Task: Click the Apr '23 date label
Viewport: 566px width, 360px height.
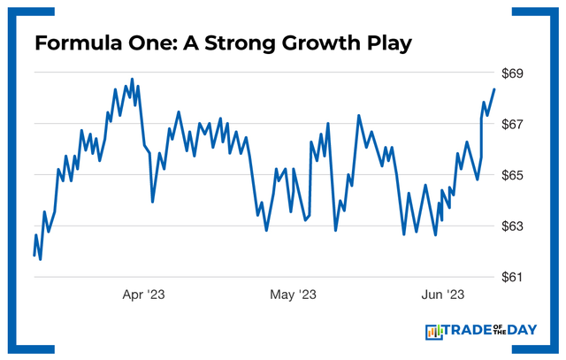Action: (x=143, y=295)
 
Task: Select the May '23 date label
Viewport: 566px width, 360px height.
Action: (x=294, y=295)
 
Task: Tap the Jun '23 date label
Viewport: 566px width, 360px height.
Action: (x=441, y=295)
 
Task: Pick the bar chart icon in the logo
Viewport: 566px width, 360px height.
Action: (x=434, y=332)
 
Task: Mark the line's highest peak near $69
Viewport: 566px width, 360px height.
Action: (x=132, y=79)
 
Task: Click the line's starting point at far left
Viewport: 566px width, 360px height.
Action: (x=34, y=256)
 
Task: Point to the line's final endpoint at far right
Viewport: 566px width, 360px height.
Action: (x=494, y=89)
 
